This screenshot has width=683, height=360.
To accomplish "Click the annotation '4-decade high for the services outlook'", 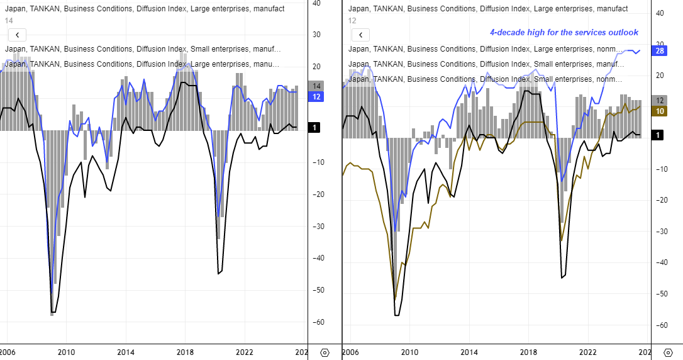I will (x=564, y=33).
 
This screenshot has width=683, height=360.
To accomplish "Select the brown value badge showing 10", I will (x=660, y=111).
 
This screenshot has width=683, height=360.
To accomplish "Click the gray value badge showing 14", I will (x=316, y=86).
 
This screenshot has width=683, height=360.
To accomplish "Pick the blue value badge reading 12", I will (x=316, y=96).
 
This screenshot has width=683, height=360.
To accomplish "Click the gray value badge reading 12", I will (x=660, y=101).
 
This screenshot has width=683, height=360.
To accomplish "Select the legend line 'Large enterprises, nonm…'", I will (x=485, y=49).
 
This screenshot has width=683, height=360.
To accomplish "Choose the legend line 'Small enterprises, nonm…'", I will (x=485, y=79).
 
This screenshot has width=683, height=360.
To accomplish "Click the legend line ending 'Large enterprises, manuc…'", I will (x=142, y=64).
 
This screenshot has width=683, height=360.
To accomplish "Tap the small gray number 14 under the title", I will (x=9, y=21).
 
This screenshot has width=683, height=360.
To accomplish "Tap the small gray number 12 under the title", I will (x=352, y=21).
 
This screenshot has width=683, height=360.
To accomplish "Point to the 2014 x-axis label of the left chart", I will (x=125, y=353).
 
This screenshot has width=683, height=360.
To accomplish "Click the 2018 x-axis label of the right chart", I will (x=529, y=353).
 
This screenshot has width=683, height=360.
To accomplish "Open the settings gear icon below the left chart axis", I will (x=325, y=353).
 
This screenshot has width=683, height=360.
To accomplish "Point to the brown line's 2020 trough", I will (x=561, y=240).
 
